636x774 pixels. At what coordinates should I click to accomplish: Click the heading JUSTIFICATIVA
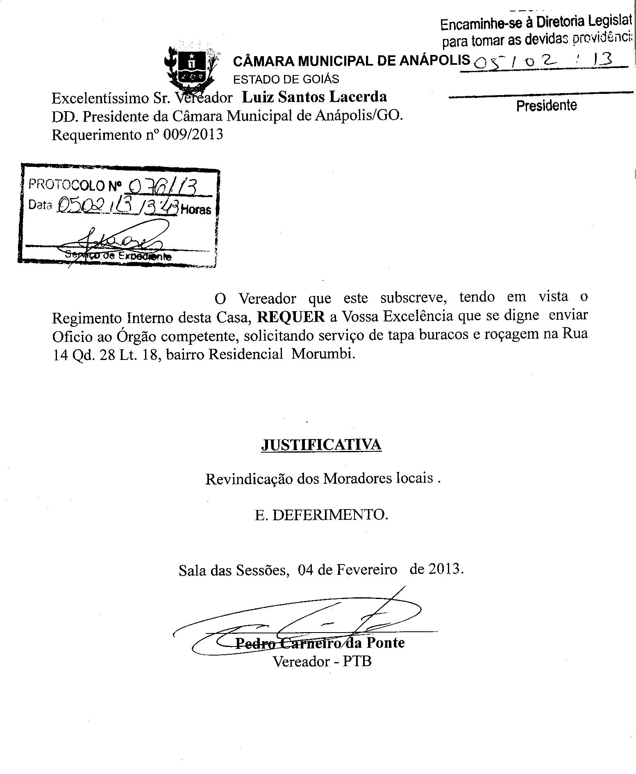point(321,445)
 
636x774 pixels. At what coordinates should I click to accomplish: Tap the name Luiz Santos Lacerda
point(314,97)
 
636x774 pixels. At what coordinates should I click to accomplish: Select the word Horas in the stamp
point(196,210)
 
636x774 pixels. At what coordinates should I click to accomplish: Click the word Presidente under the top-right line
point(546,106)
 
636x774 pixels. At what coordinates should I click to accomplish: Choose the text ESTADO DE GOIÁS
point(286,79)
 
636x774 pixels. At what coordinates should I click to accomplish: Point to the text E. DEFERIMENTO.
point(321,515)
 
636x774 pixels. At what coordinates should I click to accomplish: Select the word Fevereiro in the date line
point(368,570)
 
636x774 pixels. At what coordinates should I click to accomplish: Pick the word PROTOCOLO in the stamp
point(67,185)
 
